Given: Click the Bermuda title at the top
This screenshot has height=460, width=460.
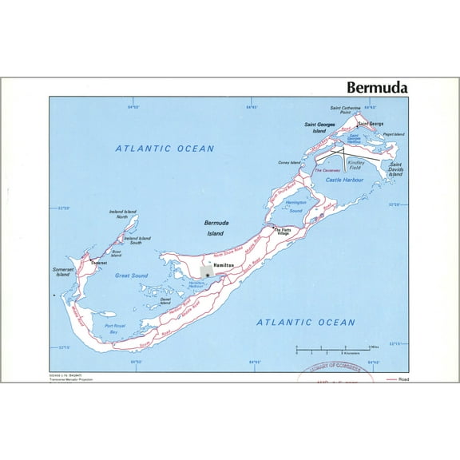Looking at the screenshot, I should pyautogui.click(x=376, y=86).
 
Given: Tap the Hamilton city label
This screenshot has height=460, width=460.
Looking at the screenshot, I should pyautogui.click(x=223, y=264).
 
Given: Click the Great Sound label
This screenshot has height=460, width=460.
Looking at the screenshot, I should pyautogui.click(x=132, y=276).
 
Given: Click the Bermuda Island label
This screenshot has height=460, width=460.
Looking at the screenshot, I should pyautogui.click(x=216, y=228).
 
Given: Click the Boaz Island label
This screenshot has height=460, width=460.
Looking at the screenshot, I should pyautogui.click(x=117, y=254).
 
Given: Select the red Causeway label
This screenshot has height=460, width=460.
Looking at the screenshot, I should pyautogui.click(x=327, y=170).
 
